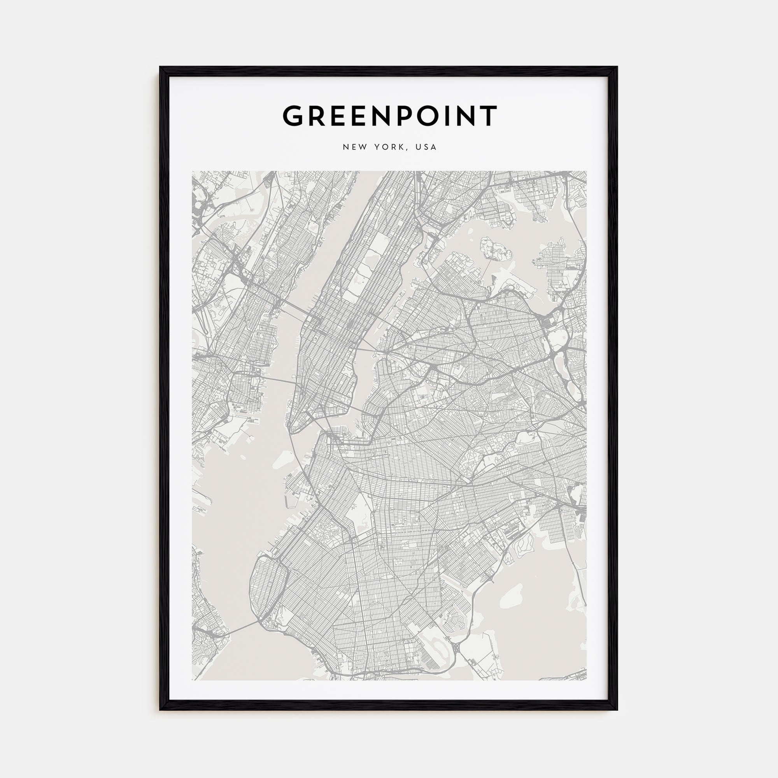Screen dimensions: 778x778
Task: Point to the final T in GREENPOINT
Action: click(x=489, y=116)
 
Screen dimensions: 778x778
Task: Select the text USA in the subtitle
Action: click(x=426, y=147)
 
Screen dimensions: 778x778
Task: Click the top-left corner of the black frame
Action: click(x=160, y=67)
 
